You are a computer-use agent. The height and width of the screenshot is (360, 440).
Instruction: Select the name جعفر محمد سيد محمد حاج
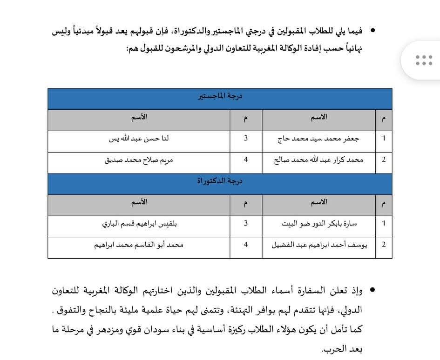point(318,139)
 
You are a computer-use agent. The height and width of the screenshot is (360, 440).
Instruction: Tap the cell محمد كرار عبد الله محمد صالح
point(318,160)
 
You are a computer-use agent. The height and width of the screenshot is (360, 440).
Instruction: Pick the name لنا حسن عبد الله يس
point(139,139)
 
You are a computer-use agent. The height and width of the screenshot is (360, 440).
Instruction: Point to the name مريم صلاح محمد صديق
point(139,160)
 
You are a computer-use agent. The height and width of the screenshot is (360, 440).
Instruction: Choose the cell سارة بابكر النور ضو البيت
point(318,223)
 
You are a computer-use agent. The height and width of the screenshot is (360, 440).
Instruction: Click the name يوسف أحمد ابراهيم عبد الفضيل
point(318,244)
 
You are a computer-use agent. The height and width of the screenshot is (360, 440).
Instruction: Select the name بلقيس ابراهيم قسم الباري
point(139,223)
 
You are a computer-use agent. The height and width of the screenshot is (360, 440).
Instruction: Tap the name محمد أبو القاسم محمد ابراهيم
point(139,244)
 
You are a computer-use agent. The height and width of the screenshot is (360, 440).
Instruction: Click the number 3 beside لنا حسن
point(246,139)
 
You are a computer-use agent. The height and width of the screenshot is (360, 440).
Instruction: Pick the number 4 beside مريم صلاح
point(246,160)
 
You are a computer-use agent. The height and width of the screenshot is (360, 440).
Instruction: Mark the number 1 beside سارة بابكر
point(384,223)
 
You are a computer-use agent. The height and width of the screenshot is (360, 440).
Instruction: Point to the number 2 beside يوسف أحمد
point(384,244)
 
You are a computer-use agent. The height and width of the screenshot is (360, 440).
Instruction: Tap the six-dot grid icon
point(424,60)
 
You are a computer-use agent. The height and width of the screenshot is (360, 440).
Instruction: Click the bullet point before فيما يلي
point(372,31)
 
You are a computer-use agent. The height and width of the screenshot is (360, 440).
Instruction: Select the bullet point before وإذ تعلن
point(372,290)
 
